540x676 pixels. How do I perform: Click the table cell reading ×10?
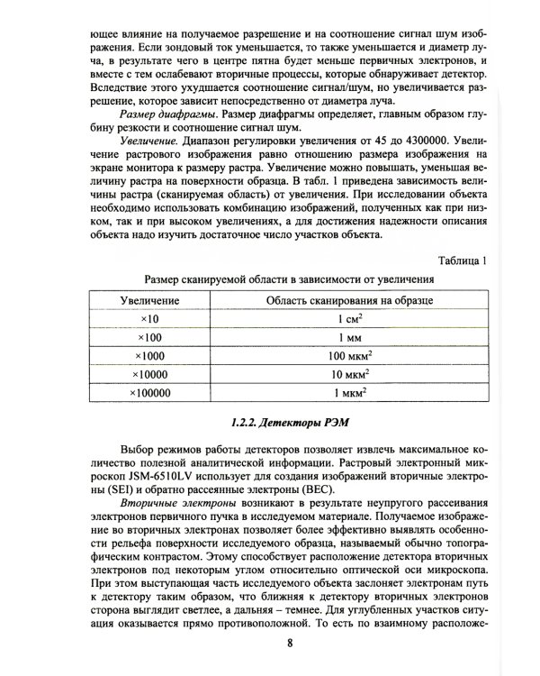tap(149, 319)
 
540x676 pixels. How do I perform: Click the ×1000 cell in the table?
tap(149, 356)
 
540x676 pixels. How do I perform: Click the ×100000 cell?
tap(149, 393)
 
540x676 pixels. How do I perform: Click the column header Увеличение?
tap(149, 300)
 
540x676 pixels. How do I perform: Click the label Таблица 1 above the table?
tap(462, 261)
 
